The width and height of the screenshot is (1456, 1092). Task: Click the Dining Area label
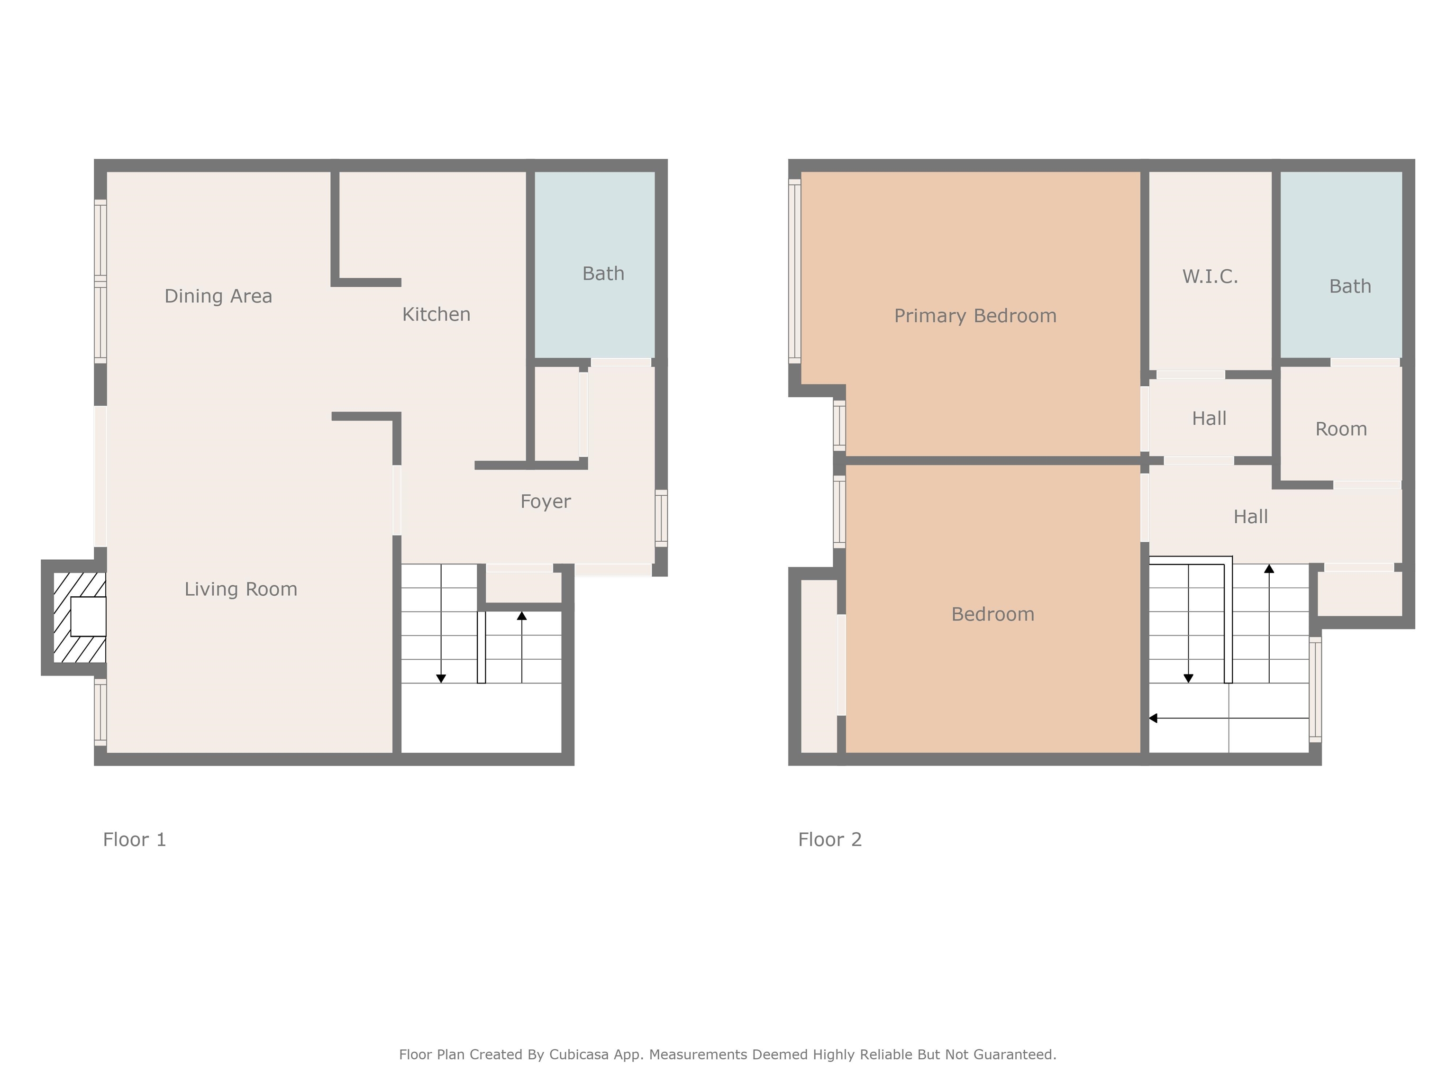218,296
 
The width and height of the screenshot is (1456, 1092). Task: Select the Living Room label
240,589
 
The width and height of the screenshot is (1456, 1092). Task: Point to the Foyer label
545,501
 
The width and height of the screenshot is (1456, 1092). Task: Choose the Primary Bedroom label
975,316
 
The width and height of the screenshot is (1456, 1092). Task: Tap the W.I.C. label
1210,276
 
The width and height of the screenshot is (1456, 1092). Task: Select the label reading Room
1341,429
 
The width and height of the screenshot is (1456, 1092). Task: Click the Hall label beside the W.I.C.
1209,419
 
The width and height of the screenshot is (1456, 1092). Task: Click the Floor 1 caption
134,840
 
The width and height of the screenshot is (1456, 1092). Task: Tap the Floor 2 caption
829,840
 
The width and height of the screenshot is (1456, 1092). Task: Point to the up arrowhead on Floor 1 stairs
521,616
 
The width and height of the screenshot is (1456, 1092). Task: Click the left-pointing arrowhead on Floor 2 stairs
1153,718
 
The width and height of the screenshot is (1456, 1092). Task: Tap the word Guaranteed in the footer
1015,1055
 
